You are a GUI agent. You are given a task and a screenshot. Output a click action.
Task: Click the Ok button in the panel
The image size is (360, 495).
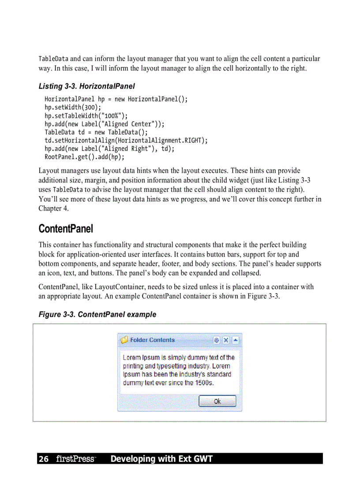(217, 401)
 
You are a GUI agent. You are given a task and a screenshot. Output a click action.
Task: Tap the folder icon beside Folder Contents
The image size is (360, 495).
(124, 340)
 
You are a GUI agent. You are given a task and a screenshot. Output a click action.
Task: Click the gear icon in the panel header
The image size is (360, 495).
(217, 340)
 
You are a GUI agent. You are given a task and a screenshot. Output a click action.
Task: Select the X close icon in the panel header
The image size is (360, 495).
(226, 340)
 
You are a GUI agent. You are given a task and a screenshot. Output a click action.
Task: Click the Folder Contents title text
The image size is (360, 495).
(152, 340)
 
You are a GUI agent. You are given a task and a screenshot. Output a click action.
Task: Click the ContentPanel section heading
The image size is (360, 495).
(66, 229)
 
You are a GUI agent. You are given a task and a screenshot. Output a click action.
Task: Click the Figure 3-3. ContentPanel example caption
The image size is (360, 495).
(97, 314)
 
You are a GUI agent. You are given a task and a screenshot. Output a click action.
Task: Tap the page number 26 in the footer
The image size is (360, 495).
(43, 459)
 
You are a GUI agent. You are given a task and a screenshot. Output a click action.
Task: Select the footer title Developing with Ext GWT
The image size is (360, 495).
(161, 459)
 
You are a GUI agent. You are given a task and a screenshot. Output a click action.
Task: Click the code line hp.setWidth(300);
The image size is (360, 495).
(73, 108)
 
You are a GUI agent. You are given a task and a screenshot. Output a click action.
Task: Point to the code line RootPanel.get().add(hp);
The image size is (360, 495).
(84, 157)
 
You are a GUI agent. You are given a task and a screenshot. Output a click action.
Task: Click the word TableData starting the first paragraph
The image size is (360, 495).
(53, 59)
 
